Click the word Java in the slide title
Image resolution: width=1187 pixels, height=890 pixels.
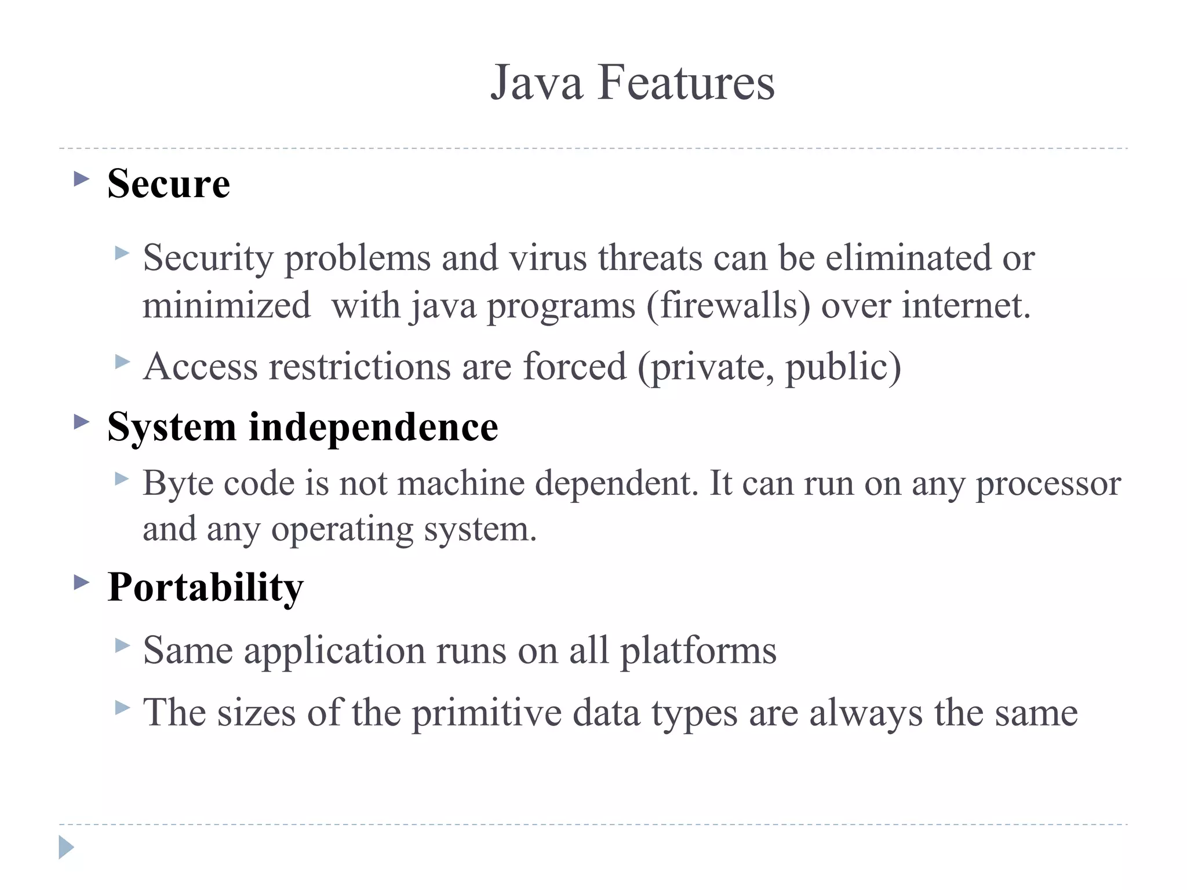[536, 83]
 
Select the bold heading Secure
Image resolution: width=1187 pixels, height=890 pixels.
[169, 184]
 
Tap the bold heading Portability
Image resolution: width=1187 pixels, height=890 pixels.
[205, 588]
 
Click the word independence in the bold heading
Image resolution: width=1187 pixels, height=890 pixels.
[373, 428]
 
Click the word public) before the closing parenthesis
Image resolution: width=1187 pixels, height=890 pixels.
[843, 367]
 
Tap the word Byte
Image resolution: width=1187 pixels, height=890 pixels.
[178, 483]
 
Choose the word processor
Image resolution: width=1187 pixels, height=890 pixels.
[1048, 484]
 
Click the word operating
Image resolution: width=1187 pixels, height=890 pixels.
[342, 530]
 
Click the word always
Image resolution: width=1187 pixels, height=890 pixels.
[866, 713]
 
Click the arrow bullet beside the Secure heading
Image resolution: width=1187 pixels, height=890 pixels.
[82, 178]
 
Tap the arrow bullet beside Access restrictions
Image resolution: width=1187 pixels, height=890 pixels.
[122, 362]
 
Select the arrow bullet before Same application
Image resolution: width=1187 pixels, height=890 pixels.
[122, 645]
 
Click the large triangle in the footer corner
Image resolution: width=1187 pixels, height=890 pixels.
[66, 847]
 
